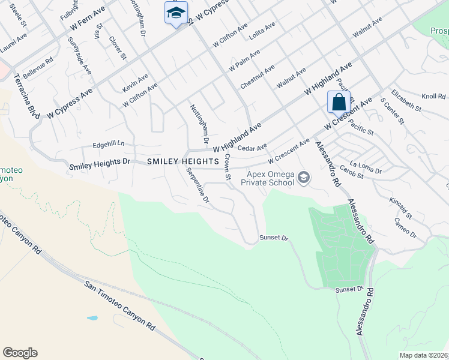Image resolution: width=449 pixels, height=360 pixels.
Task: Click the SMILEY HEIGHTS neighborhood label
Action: [x=183, y=161]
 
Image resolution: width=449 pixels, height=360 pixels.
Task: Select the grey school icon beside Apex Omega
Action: [x=304, y=177]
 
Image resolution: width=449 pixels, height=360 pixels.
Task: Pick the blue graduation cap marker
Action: [x=176, y=13]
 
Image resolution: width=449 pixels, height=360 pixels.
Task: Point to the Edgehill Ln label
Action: [x=109, y=144]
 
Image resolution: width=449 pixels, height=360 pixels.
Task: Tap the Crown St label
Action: [x=228, y=167]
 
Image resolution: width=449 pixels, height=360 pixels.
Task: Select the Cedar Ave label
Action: [x=252, y=148]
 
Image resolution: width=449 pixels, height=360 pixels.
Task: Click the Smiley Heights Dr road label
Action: [x=100, y=163]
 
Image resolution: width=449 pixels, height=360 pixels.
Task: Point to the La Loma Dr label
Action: [x=366, y=167]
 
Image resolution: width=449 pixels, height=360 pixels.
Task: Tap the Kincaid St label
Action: [x=400, y=207]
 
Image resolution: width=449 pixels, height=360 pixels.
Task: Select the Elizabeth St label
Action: [x=406, y=100]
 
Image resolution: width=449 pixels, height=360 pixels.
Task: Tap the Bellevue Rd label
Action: [x=38, y=70]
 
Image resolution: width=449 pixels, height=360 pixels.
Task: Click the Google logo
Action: [x=20, y=352]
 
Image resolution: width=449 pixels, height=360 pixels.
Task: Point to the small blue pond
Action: [x=92, y=318]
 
